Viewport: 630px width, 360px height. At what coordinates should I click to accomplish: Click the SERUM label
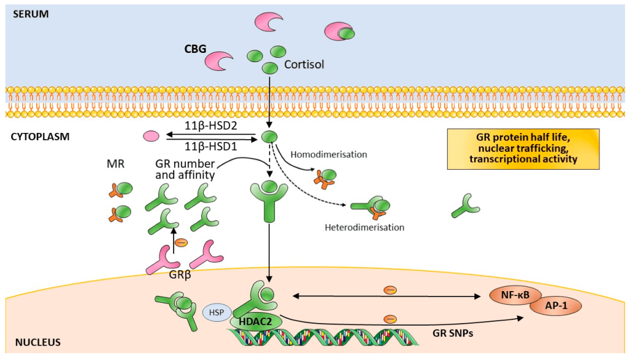tap(31, 14)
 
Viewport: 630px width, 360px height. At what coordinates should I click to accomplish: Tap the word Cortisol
tap(304, 65)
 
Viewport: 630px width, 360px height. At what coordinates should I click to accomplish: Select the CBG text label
tap(195, 49)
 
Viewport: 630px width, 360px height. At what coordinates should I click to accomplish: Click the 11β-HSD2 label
tap(211, 126)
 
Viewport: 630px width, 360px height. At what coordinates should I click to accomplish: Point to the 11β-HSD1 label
tap(211, 146)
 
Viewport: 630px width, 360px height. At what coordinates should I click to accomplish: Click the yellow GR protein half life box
tap(523, 149)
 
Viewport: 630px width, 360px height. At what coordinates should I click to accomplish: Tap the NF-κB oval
tap(516, 295)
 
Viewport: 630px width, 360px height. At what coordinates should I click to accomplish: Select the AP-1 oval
tap(556, 306)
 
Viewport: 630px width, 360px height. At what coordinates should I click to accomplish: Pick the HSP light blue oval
tap(217, 313)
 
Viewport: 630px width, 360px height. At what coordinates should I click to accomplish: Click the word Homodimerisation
tap(329, 154)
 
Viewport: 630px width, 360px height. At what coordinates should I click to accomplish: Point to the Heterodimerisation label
tap(364, 228)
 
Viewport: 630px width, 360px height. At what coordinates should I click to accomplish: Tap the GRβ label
tap(180, 276)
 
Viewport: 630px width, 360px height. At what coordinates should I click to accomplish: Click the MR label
tap(116, 164)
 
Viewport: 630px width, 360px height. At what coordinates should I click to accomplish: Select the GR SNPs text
tap(453, 333)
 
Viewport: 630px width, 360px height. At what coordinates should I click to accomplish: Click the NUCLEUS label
tap(38, 343)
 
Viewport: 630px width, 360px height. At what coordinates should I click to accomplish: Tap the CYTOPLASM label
tap(40, 137)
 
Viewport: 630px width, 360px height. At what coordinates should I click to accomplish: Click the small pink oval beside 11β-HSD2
tap(151, 137)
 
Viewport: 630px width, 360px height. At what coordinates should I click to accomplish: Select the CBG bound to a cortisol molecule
tap(340, 32)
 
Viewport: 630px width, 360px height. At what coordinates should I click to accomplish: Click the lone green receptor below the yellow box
tap(466, 206)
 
